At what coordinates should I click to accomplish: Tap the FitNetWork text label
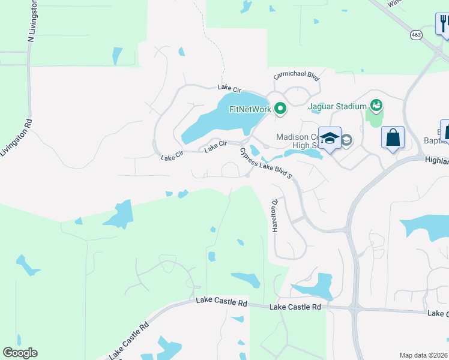(250, 109)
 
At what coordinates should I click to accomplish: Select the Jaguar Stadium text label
(337, 107)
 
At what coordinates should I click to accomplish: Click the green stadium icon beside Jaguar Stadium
(376, 106)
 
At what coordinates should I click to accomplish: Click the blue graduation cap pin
(330, 139)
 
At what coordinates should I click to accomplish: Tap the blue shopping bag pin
(393, 138)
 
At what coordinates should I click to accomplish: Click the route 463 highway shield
(416, 35)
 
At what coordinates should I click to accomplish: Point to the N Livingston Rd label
(32, 21)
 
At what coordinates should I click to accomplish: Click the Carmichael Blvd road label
(296, 76)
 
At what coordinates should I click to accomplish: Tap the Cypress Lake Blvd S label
(265, 163)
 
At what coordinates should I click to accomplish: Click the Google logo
(20, 353)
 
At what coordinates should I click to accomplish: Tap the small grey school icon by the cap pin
(346, 140)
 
